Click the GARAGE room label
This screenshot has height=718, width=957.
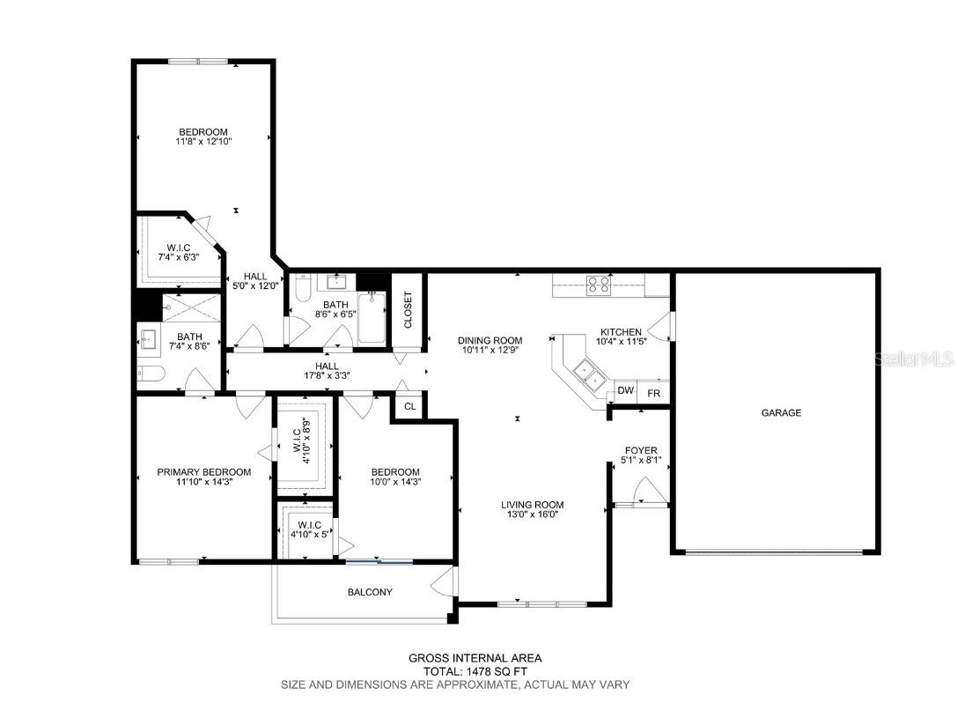coord(781,412)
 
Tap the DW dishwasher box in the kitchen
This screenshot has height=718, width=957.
coord(625,390)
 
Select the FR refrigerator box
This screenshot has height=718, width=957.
coord(653,392)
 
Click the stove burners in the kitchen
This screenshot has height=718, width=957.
coord(600,285)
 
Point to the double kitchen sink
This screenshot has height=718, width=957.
coord(587,375)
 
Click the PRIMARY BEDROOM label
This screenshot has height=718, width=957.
coord(203,472)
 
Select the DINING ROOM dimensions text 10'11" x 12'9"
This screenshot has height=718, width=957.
coord(490,350)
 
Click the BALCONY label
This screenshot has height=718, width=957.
coord(370,592)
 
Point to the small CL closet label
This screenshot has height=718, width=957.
coord(409,406)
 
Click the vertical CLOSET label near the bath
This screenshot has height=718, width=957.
coord(408,309)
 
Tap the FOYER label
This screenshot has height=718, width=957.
coord(642,450)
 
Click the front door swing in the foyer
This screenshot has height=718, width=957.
coord(648,489)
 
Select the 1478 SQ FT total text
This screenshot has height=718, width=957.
coord(475,670)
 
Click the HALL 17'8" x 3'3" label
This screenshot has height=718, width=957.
coord(327,371)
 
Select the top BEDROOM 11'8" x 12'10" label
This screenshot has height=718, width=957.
coord(203,136)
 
